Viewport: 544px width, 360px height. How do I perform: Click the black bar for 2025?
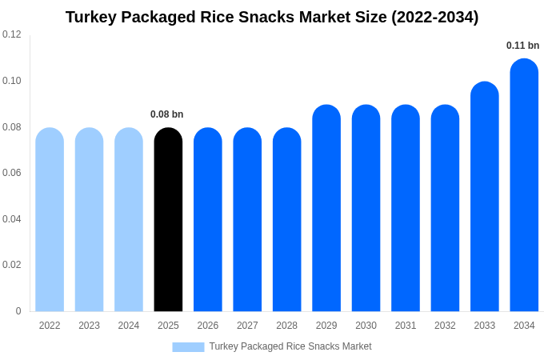[x=168, y=220]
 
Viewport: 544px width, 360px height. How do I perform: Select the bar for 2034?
[x=524, y=186]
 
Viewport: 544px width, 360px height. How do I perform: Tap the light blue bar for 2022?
[x=50, y=220]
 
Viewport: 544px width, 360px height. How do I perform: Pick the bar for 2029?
[x=326, y=208]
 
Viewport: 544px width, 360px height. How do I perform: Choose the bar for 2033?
[x=485, y=197]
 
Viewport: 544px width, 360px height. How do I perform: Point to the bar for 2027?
[x=247, y=220]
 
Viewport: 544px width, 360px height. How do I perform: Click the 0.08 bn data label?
[x=167, y=114]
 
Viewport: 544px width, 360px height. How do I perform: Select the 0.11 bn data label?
[x=523, y=46]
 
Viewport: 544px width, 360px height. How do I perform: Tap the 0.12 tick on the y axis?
[x=12, y=34]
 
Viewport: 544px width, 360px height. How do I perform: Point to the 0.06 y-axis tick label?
[x=12, y=173]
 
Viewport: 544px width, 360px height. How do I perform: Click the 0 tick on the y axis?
[x=18, y=311]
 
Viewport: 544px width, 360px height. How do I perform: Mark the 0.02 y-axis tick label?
[x=12, y=265]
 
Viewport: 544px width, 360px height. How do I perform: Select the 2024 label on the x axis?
[x=129, y=326]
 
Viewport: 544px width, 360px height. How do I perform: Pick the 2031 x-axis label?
[x=406, y=326]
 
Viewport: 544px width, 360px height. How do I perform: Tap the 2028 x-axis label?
[x=286, y=326]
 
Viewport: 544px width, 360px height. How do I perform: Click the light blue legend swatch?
[x=188, y=347]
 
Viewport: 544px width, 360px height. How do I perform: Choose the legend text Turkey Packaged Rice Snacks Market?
[x=290, y=346]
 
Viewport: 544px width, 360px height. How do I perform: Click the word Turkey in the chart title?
[x=91, y=17]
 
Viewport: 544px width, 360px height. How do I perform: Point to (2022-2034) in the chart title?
[x=434, y=17]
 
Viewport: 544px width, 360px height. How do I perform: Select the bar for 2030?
[x=366, y=208]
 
